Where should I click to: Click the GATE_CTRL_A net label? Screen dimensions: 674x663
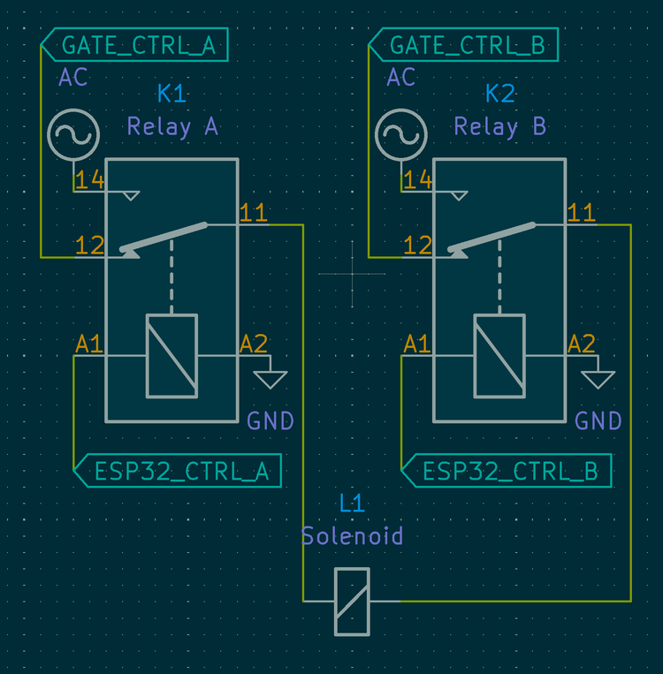tap(137, 45)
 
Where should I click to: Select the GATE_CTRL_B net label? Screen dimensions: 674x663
tap(466, 45)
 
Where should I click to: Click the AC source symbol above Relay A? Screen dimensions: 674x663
tap(72, 135)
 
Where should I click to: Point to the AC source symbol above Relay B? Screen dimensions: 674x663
tap(401, 135)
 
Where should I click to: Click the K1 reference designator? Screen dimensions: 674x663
tap(172, 94)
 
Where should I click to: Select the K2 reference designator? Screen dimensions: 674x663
tap(500, 94)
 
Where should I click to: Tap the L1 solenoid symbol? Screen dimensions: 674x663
tap(352, 602)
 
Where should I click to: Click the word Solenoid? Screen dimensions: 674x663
tap(352, 536)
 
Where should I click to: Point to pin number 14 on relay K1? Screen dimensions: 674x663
tap(89, 181)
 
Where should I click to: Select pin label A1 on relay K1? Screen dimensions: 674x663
tap(88, 344)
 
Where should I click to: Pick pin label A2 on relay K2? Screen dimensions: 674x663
tap(581, 344)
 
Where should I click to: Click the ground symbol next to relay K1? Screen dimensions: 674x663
tap(270, 377)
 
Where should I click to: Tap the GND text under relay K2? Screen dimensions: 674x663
tap(598, 420)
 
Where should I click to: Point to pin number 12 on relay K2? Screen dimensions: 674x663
tap(417, 246)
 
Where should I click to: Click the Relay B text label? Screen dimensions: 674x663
tap(500, 126)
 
